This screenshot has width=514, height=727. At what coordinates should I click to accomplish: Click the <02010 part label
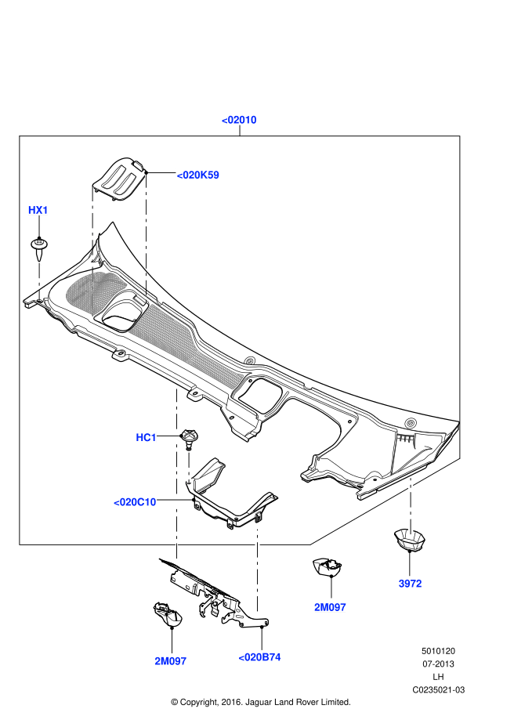(x=239, y=120)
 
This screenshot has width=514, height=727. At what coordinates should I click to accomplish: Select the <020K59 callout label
(x=197, y=175)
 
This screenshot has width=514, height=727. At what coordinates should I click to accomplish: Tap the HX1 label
(x=38, y=210)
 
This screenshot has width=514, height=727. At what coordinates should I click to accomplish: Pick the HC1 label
(x=147, y=437)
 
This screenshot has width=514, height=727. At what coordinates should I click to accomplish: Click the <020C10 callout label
(x=135, y=502)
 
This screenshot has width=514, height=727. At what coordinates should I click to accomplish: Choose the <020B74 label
(x=259, y=657)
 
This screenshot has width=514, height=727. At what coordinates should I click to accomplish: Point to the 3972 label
(x=410, y=584)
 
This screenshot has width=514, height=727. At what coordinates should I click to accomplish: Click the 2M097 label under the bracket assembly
(x=170, y=661)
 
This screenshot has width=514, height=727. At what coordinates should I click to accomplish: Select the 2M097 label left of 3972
(x=330, y=607)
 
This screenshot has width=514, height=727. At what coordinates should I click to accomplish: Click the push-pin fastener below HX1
(x=38, y=248)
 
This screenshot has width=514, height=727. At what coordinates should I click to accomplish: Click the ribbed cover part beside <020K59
(x=120, y=179)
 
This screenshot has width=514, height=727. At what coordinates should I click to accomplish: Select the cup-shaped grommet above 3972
(x=409, y=540)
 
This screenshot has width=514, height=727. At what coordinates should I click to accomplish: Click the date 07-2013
(x=439, y=664)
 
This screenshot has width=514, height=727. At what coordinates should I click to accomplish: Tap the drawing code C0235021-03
(x=439, y=689)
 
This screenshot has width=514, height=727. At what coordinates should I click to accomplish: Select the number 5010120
(x=439, y=651)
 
